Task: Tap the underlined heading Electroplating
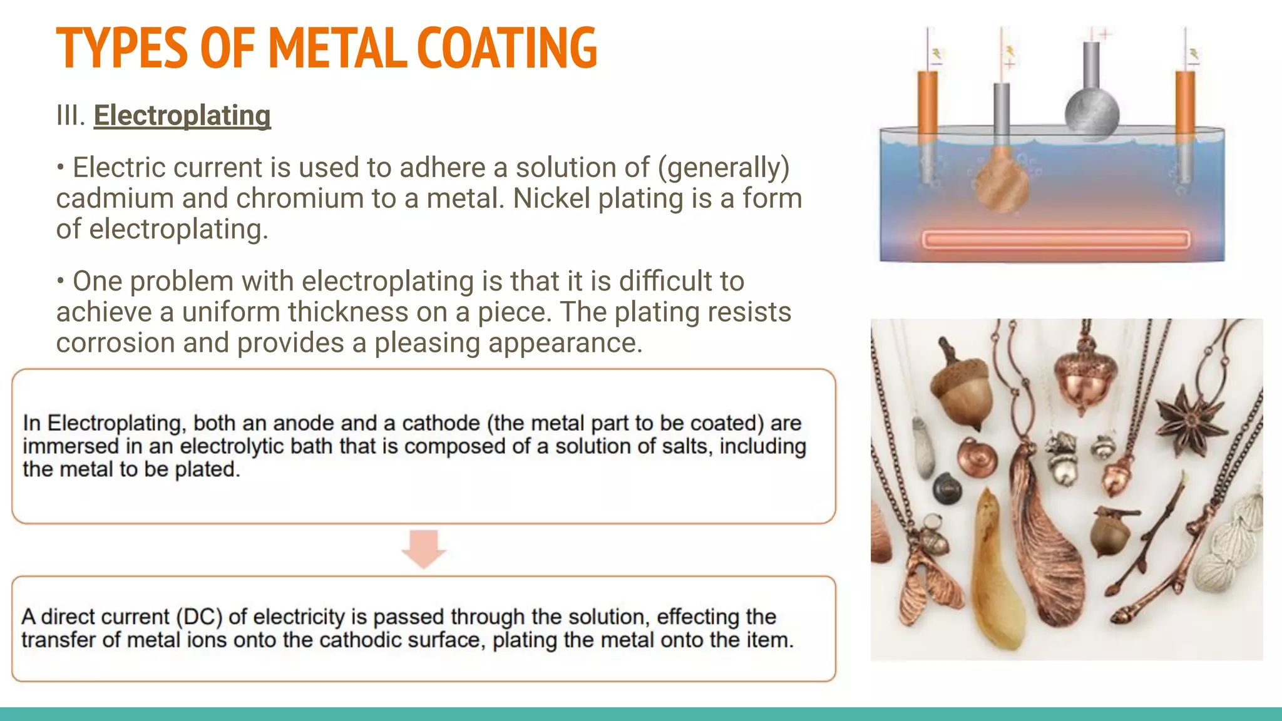[x=182, y=116]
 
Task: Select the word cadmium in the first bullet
[x=115, y=198]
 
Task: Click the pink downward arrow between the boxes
[x=424, y=548]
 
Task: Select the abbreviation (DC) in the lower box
[x=198, y=617]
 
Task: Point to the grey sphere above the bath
[x=1092, y=113]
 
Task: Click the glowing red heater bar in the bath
[x=1055, y=240]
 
